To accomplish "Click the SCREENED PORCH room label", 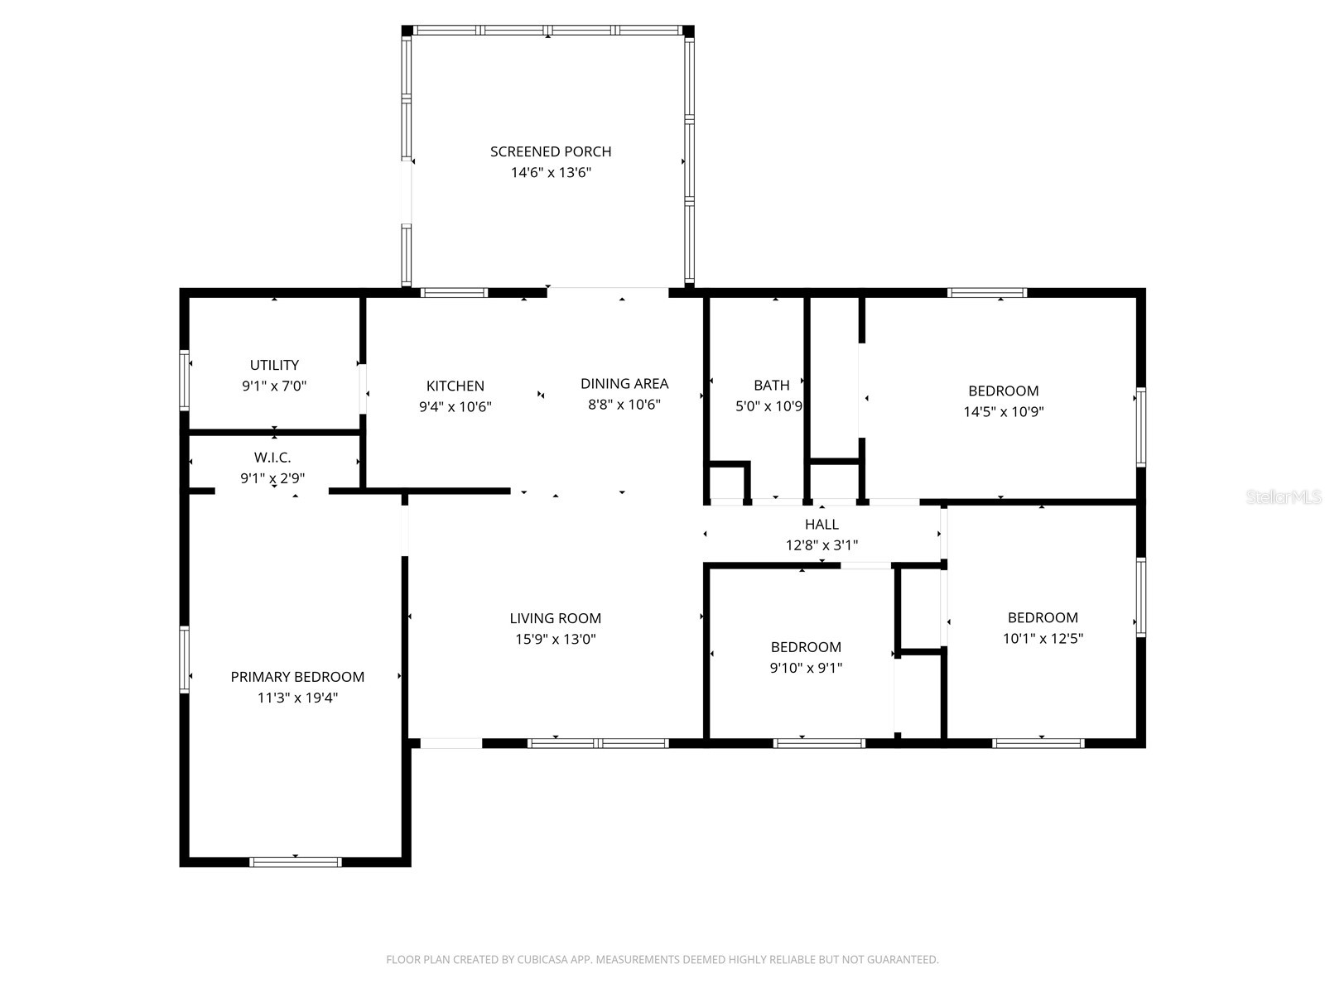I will pyautogui.click(x=551, y=151).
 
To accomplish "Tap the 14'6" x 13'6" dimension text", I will pyautogui.click(x=551, y=173).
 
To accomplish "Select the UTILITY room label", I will pyautogui.click(x=274, y=365).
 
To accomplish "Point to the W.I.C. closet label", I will pyautogui.click(x=272, y=458).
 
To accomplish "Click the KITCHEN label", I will pyautogui.click(x=455, y=386).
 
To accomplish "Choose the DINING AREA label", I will pyautogui.click(x=624, y=383).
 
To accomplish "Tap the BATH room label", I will pyautogui.click(x=771, y=385).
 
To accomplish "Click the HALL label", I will pyautogui.click(x=821, y=524).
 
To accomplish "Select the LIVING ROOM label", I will pyautogui.click(x=555, y=618).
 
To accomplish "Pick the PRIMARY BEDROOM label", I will pyautogui.click(x=297, y=677).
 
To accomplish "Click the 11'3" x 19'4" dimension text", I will pyautogui.click(x=297, y=698).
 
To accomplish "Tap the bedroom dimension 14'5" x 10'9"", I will pyautogui.click(x=1003, y=412).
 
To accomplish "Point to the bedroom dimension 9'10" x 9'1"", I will pyautogui.click(x=806, y=668).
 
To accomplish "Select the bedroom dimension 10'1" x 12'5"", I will pyautogui.click(x=1043, y=638).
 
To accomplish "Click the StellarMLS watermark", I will pyautogui.click(x=1284, y=497).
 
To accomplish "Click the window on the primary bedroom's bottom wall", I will pyautogui.click(x=296, y=862).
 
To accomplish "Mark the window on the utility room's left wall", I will pyautogui.click(x=185, y=381).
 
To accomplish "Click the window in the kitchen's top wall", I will pyautogui.click(x=454, y=292).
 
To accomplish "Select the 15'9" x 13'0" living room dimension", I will pyautogui.click(x=555, y=639).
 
